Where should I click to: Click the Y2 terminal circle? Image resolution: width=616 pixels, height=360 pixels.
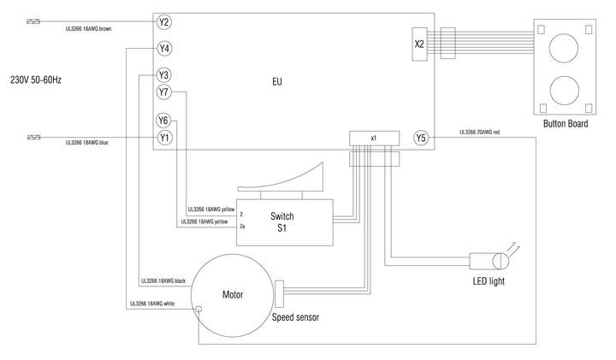coord(164,21)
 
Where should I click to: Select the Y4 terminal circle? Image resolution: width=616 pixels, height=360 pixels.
coord(164,49)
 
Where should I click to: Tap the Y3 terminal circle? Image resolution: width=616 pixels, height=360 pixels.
coord(164,75)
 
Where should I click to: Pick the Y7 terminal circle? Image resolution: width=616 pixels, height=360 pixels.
coord(164,91)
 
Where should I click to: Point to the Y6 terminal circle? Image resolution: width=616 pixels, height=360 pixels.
coord(164,121)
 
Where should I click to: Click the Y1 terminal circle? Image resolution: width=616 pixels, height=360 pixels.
coord(164,137)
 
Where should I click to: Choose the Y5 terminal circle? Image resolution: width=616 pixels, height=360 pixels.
coord(420,137)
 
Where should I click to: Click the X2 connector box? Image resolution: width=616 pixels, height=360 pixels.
coord(418,43)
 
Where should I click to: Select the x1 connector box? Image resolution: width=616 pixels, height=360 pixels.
coord(374,138)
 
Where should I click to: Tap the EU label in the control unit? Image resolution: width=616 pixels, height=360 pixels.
coord(277,82)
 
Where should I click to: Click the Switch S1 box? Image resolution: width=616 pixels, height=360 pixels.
coord(285,222)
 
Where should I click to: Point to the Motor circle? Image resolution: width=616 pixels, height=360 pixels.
coord(233,295)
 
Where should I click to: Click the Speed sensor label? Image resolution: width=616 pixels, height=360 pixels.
coord(295,317)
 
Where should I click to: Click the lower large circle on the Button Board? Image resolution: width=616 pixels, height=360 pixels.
coord(563,88)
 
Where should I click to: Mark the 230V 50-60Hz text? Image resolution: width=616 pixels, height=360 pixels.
coord(36,80)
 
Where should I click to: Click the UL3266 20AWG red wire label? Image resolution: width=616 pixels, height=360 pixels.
coord(485,133)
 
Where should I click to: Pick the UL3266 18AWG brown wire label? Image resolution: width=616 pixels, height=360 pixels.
coord(89,29)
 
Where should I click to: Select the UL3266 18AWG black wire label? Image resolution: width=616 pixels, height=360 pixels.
coord(163,280)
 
